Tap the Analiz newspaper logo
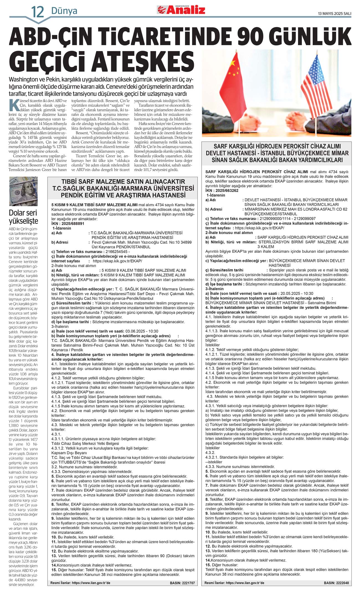tap(181, 10)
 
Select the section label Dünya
tap(64, 11)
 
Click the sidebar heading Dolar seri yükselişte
tap(23, 217)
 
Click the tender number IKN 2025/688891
tap(68, 223)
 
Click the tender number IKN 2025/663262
tap(222, 190)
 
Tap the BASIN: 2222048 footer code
tap(336, 583)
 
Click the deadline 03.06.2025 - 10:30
tap(142, 331)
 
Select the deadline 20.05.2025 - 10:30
tap(297, 293)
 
